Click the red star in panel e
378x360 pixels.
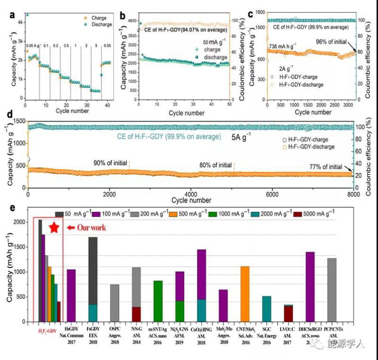tap(54, 228)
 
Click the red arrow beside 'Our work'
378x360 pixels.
tap(71, 228)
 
